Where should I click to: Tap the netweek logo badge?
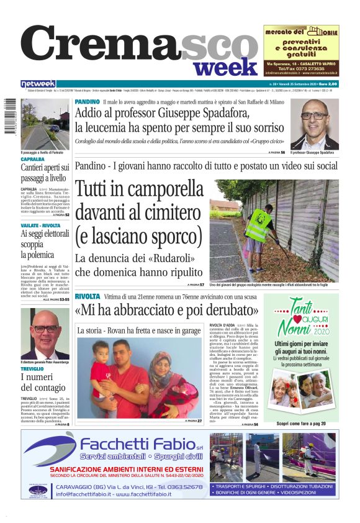[38, 84]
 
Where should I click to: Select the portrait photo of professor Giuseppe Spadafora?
[314, 124]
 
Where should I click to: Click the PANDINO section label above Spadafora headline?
[86, 101]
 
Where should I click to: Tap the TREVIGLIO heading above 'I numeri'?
[32, 369]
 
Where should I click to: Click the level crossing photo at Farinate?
[45, 124]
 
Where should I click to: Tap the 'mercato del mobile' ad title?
[300, 31]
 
